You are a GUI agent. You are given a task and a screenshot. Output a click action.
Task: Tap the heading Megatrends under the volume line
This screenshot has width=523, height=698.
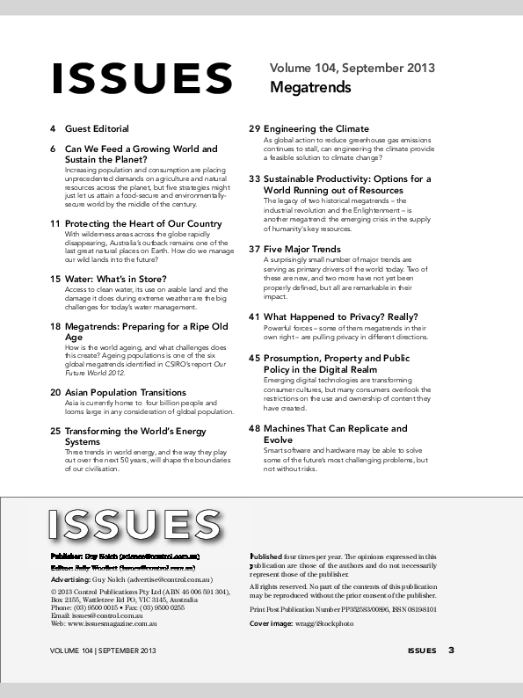[310, 88]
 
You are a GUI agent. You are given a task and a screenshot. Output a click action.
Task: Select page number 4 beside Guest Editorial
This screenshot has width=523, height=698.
[54, 129]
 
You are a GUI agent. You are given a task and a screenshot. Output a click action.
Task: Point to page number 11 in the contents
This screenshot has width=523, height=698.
[54, 223]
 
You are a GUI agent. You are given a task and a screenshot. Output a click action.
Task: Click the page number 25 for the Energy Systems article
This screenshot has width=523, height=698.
[54, 432]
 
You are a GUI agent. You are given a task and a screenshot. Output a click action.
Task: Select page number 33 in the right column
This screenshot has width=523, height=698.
[254, 178]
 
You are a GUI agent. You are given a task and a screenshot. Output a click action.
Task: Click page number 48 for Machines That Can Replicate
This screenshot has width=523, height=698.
[254, 429]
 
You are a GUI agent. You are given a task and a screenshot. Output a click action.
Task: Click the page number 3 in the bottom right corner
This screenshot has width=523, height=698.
[452, 651]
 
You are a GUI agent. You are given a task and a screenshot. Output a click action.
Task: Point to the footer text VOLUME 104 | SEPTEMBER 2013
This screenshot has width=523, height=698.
[103, 651]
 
